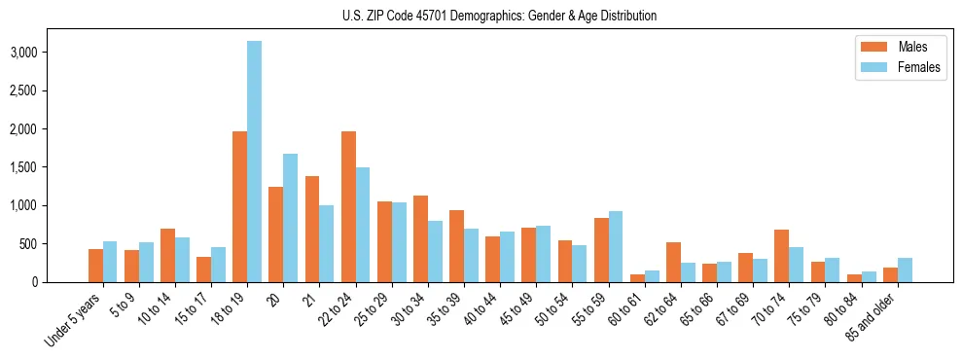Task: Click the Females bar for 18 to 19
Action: [254, 162]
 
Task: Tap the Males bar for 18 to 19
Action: [239, 206]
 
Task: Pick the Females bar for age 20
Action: [290, 218]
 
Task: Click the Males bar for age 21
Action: [312, 229]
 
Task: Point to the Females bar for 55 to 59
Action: [616, 246]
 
